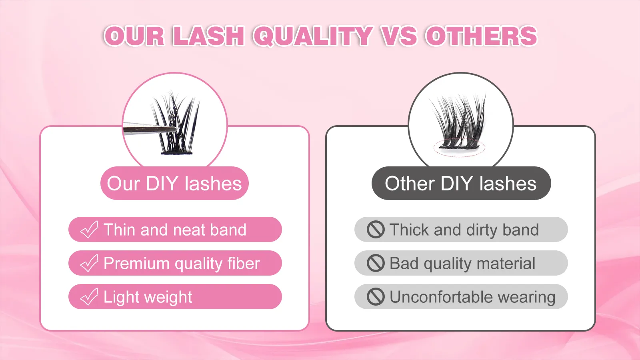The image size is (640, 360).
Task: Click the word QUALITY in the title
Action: coord(313,36)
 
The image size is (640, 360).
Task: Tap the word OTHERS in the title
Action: coord(481,36)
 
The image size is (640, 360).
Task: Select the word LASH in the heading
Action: coord(208,36)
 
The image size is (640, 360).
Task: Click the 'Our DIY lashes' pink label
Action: coord(174,184)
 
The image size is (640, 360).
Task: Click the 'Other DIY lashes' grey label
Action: coord(461,184)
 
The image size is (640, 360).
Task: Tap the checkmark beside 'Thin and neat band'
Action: coord(89,230)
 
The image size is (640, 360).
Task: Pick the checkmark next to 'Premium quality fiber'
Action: coord(89,263)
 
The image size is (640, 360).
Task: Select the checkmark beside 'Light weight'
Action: coord(89,297)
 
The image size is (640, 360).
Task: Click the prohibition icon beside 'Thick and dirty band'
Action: coord(376,230)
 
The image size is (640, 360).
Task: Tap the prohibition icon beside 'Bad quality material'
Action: coord(376,263)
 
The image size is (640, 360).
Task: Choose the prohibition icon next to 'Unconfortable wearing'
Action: coord(376,297)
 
